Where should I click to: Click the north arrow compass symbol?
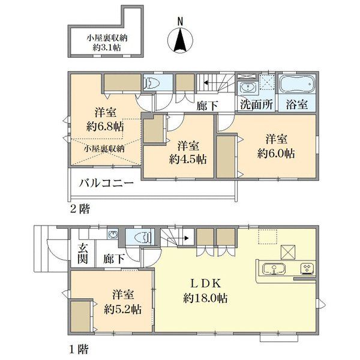[x=180, y=40]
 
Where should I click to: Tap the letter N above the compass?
[x=180, y=22]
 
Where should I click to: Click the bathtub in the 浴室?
[x=297, y=84]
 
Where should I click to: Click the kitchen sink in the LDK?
[x=274, y=269]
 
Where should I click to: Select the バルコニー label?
[x=106, y=183]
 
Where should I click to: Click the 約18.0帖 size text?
[x=205, y=298]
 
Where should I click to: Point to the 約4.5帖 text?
[x=188, y=159]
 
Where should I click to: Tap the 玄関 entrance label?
[x=83, y=254]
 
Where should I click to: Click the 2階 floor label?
[x=80, y=209]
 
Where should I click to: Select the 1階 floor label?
[x=79, y=350]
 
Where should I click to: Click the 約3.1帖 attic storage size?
[x=107, y=47]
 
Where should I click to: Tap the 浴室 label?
[x=297, y=104]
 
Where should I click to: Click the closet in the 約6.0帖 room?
[x=226, y=157]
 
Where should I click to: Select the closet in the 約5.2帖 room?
[x=80, y=316]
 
